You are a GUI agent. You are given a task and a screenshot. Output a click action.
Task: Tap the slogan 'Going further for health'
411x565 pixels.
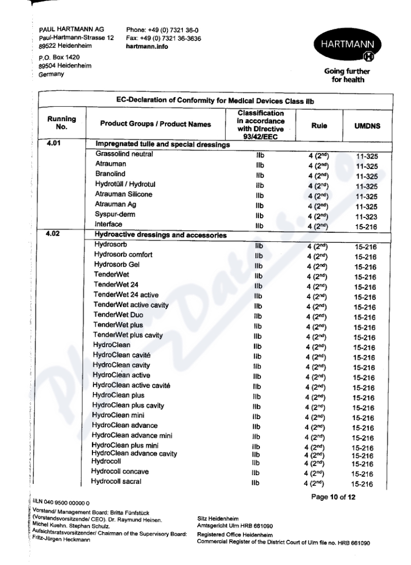pyautogui.click(x=355, y=76)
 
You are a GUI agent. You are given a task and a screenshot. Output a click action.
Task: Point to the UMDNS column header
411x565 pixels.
pyautogui.click(x=365, y=123)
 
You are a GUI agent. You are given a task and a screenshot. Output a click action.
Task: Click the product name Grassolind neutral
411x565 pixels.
pyautogui.click(x=124, y=154)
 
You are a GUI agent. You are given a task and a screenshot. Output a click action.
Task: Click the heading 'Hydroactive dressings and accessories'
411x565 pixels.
pyautogui.click(x=161, y=236)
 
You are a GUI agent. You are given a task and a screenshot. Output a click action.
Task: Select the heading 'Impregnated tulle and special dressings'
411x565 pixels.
pyautogui.click(x=162, y=144)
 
